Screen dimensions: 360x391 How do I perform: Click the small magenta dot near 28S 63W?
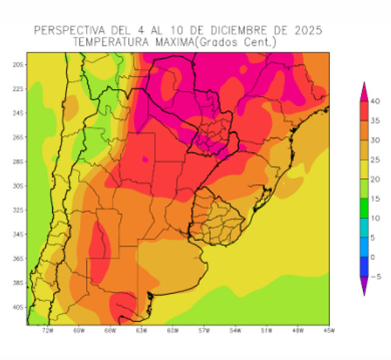pyautogui.click(x=145, y=160)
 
